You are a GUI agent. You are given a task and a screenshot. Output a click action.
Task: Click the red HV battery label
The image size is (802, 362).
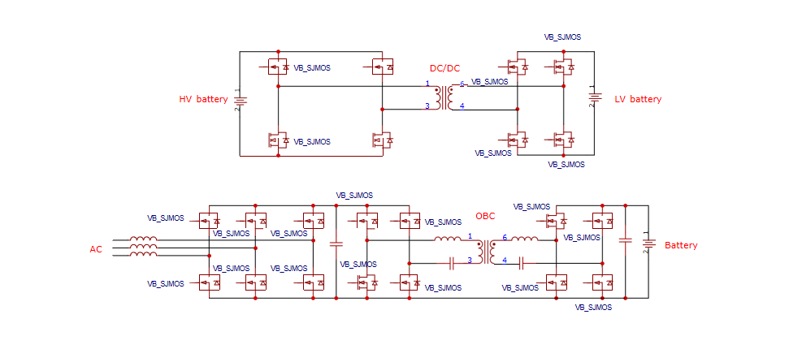click(203, 99)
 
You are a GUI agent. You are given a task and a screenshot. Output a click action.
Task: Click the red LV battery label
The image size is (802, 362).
click(638, 99)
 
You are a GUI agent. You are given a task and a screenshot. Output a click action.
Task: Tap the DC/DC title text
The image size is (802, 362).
click(444, 68)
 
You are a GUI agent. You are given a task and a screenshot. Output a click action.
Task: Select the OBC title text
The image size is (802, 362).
click(485, 216)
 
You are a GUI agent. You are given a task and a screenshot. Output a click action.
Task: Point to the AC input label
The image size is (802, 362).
click(96, 249)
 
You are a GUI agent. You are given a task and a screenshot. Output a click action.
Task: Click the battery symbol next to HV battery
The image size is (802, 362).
click(240, 101)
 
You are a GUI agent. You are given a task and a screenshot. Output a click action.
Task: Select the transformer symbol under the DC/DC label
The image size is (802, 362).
click(444, 96)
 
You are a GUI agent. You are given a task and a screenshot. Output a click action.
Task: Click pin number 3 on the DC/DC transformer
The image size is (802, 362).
click(427, 106)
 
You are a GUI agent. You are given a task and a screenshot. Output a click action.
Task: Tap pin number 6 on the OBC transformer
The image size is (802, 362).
click(504, 237)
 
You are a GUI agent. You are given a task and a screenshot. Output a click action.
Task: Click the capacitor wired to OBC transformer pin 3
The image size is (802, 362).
click(451, 262)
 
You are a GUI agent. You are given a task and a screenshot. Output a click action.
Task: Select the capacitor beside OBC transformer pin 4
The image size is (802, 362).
click(520, 262)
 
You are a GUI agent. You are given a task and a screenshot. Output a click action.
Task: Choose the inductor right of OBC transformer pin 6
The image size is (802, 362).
click(525, 239)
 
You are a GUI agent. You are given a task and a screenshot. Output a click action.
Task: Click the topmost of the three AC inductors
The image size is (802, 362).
click(144, 239)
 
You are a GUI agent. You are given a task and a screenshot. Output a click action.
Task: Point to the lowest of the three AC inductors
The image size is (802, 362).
click(144, 255)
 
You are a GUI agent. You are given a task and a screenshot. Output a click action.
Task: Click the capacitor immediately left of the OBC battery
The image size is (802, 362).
click(625, 240)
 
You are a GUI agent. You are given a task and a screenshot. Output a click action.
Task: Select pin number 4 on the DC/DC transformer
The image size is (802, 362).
click(462, 106)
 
